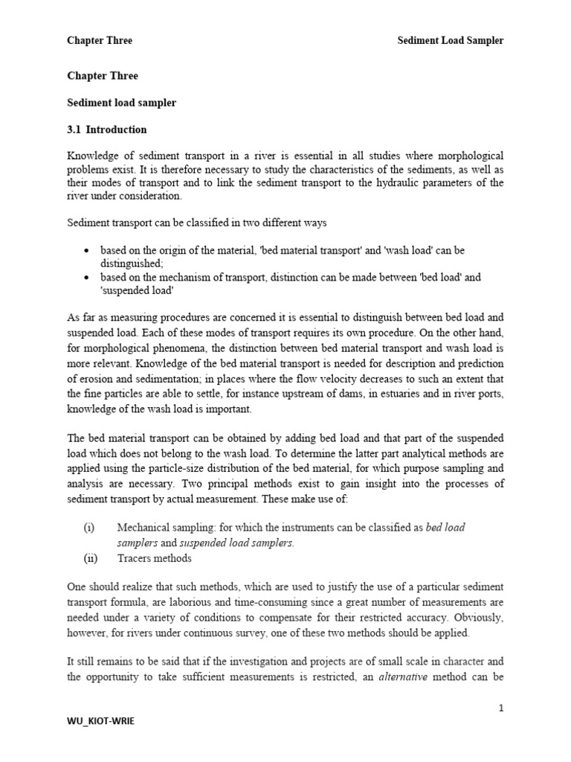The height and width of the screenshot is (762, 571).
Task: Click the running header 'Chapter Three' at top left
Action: (100, 40)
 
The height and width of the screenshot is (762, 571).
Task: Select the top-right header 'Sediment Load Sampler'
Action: (449, 40)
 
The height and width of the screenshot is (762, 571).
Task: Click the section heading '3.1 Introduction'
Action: (107, 129)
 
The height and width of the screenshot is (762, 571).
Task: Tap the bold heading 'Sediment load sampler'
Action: (122, 103)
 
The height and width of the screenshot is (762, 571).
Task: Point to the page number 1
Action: (501, 708)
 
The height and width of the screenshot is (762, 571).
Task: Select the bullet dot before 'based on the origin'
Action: (88, 251)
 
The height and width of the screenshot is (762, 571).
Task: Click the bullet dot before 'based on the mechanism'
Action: (88, 278)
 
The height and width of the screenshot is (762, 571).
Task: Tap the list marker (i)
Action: (89, 528)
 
